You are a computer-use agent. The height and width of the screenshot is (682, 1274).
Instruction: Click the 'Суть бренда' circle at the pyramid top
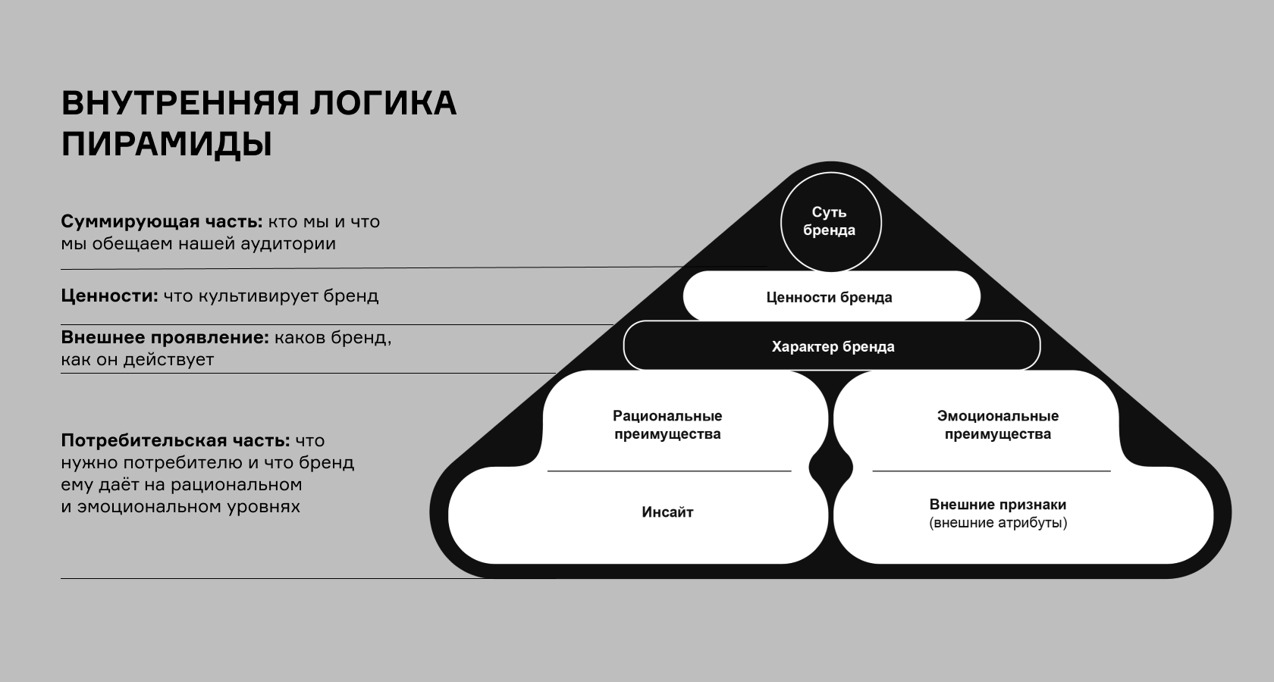point(830,221)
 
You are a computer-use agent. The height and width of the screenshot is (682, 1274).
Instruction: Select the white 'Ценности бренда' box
point(830,297)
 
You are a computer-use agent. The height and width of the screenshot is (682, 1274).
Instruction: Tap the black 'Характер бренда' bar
point(832,346)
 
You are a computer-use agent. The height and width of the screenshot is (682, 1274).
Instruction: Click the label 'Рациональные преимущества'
point(667,425)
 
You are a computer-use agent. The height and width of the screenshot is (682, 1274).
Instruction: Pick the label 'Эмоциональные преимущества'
point(997,425)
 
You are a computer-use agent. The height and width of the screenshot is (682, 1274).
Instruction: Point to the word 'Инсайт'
point(667,512)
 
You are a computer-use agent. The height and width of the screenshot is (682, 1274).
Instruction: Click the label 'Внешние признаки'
point(997,505)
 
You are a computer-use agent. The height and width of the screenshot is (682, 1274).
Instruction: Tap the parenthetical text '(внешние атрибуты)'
point(997,523)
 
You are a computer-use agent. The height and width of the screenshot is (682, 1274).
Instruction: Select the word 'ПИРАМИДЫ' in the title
point(166,144)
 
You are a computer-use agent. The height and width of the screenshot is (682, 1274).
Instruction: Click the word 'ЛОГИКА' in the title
point(382,103)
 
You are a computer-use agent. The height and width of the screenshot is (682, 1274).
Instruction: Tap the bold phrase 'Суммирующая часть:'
point(162,222)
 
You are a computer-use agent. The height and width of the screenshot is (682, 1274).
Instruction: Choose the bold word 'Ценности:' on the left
point(109,296)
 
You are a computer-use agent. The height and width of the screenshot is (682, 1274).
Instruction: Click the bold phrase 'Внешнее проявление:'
point(165,337)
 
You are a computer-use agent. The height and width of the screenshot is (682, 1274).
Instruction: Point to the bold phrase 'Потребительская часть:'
point(175,440)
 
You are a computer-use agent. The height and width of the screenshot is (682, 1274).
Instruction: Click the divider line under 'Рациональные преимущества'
point(669,471)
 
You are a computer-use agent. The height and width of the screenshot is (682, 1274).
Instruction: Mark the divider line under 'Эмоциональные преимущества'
point(991,471)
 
